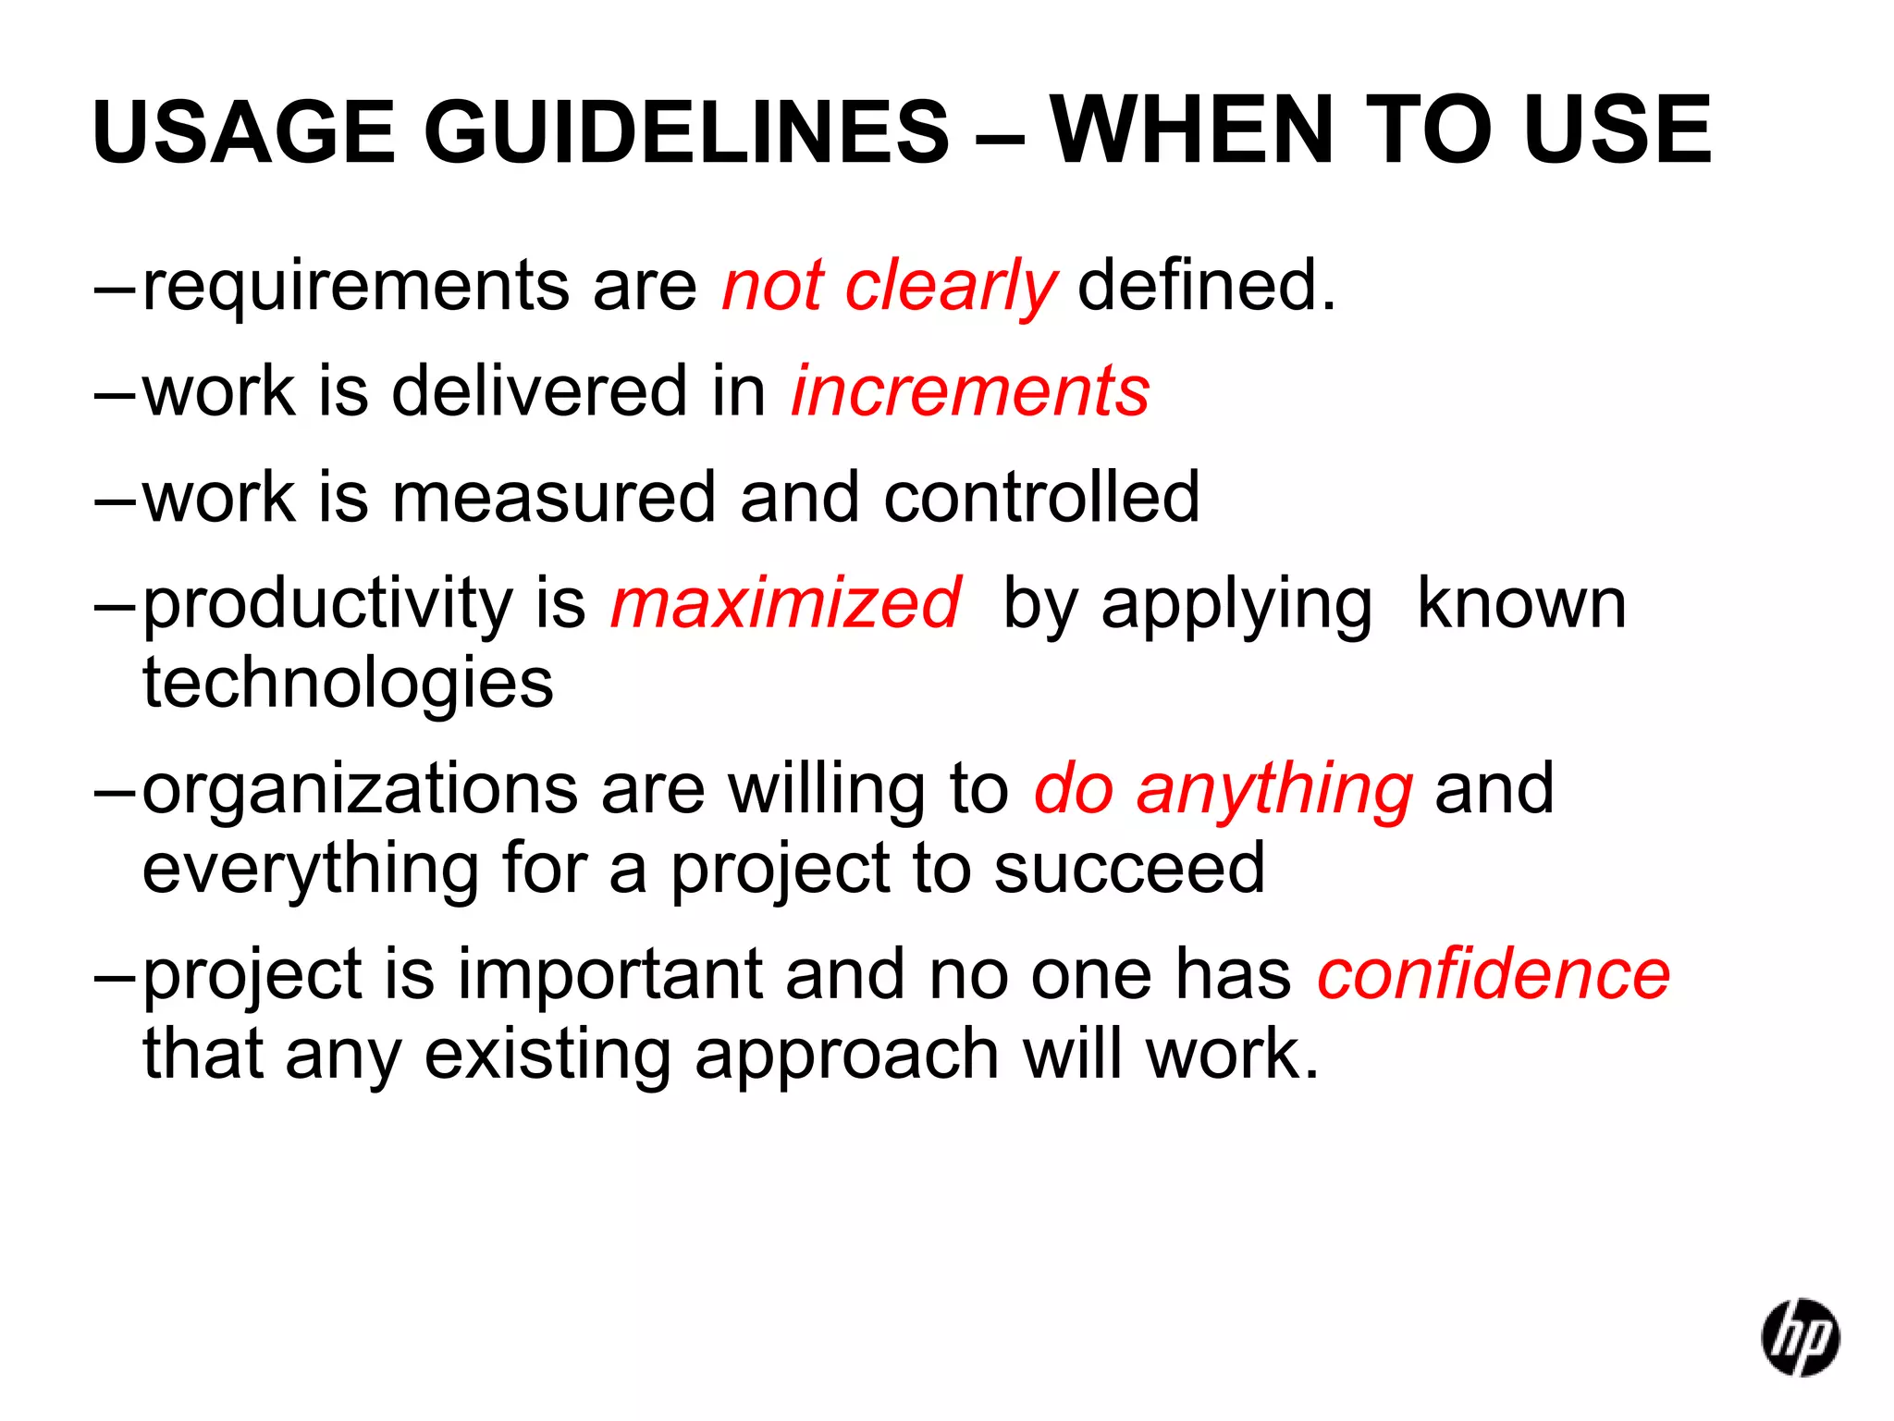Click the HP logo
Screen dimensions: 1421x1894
coord(1800,1338)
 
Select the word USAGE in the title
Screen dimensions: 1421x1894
coord(244,132)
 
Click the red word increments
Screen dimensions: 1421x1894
coord(970,391)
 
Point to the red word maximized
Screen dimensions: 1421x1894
coord(786,603)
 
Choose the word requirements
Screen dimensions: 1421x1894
coord(356,287)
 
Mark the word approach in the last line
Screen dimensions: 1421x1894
coord(847,1055)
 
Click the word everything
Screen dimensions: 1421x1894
coord(310,869)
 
